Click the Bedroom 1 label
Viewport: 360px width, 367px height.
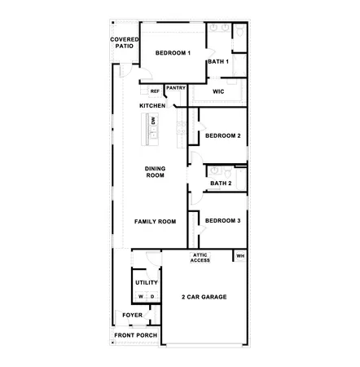[173, 53]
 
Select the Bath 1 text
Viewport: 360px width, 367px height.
[217, 61]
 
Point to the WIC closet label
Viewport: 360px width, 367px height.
[217, 91]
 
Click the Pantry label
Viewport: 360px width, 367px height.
[176, 88]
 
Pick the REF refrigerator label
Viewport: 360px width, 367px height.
[155, 91]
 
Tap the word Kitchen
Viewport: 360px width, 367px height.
[152, 106]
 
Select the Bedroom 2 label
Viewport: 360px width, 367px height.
[222, 135]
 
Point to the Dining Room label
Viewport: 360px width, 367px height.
[155, 172]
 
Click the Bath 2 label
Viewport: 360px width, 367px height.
[221, 183]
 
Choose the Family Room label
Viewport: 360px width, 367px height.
[155, 221]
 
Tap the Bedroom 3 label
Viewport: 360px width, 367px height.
[222, 220]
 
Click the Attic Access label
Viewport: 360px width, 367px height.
[200, 257]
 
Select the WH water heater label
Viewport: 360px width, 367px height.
[239, 257]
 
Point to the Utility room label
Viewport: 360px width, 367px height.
[147, 282]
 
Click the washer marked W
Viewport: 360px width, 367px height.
[141, 296]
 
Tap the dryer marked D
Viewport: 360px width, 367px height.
[152, 296]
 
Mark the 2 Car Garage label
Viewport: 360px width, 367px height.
[204, 297]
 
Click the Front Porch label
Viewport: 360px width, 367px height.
[134, 335]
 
